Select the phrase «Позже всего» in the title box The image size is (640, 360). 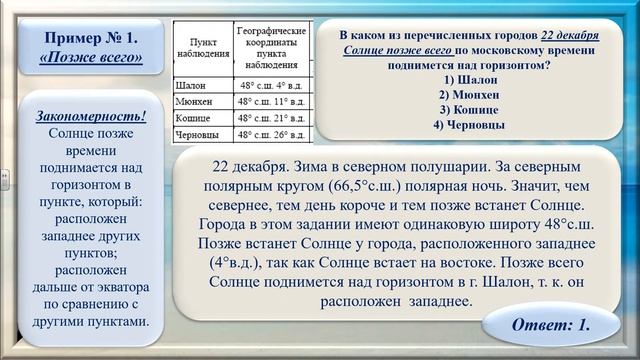91,58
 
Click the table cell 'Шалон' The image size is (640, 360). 191,86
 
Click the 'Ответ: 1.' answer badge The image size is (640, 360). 550,326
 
